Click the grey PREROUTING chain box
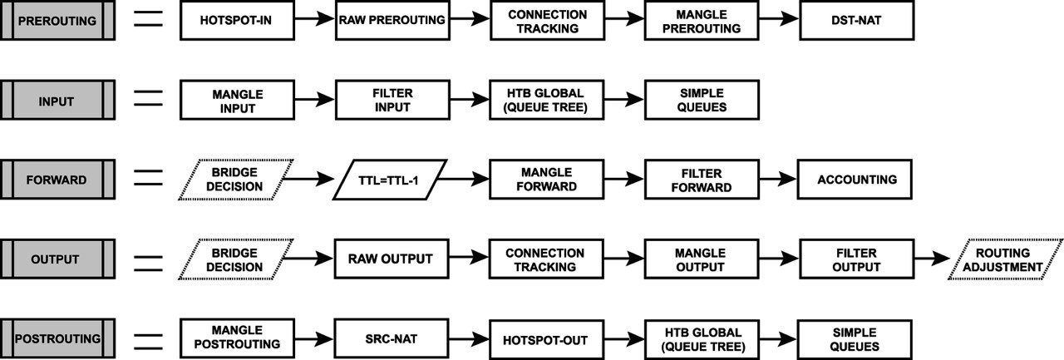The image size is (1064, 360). [57, 21]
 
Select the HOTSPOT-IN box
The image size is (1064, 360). [237, 21]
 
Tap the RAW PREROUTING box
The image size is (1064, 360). [392, 21]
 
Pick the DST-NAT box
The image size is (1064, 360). [856, 21]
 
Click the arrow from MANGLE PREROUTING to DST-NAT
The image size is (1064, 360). [779, 19]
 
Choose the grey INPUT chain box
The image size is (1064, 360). [57, 101]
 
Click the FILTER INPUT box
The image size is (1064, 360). [392, 101]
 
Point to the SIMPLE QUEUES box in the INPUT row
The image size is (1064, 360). [702, 101]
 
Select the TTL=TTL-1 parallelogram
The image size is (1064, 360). [390, 180]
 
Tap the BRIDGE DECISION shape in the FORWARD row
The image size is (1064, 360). [236, 180]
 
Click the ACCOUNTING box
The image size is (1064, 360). [855, 180]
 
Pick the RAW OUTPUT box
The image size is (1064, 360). [392, 259]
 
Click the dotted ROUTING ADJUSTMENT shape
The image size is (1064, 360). [1005, 259]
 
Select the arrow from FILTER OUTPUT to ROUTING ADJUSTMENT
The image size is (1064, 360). [932, 259]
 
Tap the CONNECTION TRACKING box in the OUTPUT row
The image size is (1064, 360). [546, 259]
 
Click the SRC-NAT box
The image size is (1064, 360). [392, 338]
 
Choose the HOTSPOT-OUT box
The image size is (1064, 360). [547, 339]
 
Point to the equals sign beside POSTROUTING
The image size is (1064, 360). [148, 342]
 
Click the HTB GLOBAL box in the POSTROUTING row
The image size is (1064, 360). [702, 339]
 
